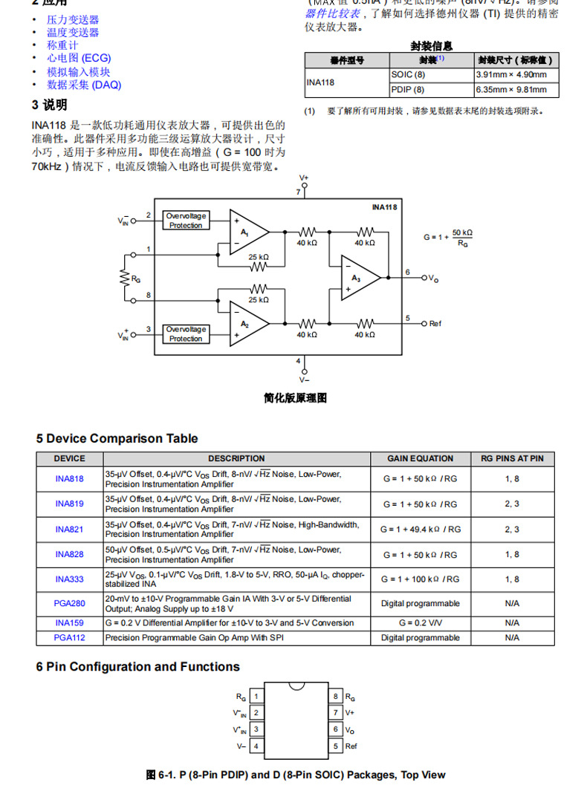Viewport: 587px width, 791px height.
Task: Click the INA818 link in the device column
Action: (x=69, y=478)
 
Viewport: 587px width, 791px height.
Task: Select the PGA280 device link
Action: (x=69, y=604)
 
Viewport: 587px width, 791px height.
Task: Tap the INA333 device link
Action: (x=69, y=579)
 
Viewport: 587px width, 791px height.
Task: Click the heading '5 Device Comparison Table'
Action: (x=117, y=438)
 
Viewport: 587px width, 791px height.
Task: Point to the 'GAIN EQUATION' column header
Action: (x=420, y=458)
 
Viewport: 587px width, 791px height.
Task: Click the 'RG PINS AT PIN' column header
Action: (x=512, y=458)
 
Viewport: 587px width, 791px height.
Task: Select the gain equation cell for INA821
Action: (x=420, y=530)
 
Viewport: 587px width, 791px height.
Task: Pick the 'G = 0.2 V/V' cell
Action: (x=420, y=623)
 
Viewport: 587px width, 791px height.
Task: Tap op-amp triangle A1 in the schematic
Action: (x=247, y=232)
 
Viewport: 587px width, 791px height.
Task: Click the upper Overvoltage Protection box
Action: (x=186, y=221)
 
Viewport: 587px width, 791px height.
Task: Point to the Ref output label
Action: (x=435, y=324)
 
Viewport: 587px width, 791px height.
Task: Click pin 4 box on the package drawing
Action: (x=256, y=746)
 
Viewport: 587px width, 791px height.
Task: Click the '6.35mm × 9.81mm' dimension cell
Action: (x=516, y=90)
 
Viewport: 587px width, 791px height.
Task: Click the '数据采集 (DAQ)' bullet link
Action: (x=84, y=85)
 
